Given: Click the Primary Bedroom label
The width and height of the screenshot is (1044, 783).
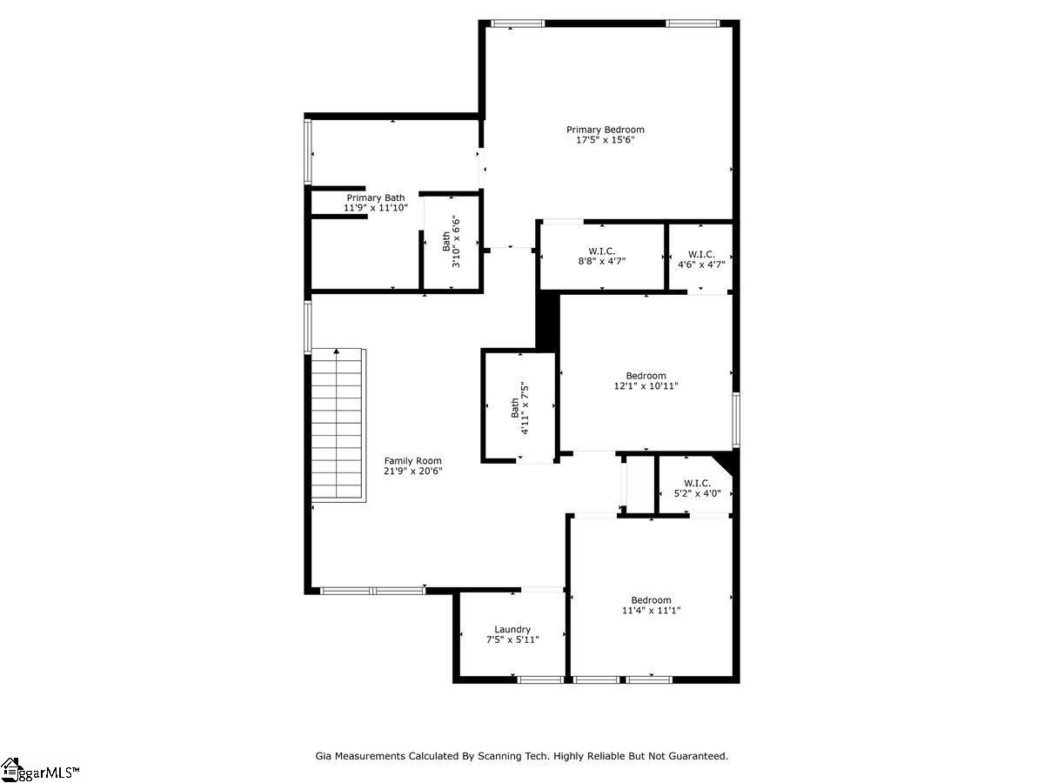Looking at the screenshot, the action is (x=605, y=130).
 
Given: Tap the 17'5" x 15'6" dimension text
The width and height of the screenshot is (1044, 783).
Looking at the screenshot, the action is (x=605, y=140).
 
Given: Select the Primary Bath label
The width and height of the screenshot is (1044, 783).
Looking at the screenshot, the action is (x=376, y=197).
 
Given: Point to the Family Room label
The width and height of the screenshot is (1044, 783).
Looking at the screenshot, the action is (x=413, y=461).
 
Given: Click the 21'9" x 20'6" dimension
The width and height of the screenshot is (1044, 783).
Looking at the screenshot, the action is (x=413, y=472).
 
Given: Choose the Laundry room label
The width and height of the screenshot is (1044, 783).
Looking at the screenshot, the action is (x=512, y=629).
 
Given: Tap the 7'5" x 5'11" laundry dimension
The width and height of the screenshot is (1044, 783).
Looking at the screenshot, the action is (x=512, y=640).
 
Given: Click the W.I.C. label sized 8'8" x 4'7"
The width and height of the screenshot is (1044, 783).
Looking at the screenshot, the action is (x=602, y=251).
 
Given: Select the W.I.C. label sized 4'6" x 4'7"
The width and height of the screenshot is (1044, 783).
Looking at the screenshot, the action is (x=701, y=254).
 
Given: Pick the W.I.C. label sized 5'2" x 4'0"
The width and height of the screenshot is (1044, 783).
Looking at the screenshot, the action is (x=697, y=484).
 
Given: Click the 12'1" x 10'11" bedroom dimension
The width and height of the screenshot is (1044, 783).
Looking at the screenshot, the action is (x=646, y=386).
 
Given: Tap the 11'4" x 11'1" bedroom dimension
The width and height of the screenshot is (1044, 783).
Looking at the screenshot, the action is (x=651, y=611).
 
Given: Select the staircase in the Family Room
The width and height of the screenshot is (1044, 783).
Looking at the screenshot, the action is (x=338, y=425).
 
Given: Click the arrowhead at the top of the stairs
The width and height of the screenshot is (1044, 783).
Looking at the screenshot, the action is (x=337, y=351).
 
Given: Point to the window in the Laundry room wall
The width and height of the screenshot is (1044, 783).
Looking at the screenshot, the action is (x=540, y=679).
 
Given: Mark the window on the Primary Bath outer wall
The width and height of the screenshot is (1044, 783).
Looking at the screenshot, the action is (x=308, y=151).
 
